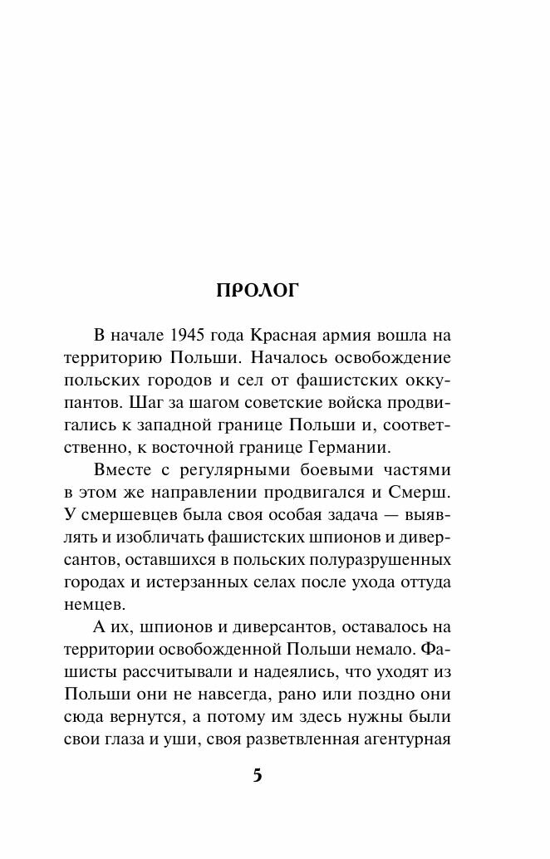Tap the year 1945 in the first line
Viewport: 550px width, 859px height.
click(189, 335)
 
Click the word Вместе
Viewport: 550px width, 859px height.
click(122, 469)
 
